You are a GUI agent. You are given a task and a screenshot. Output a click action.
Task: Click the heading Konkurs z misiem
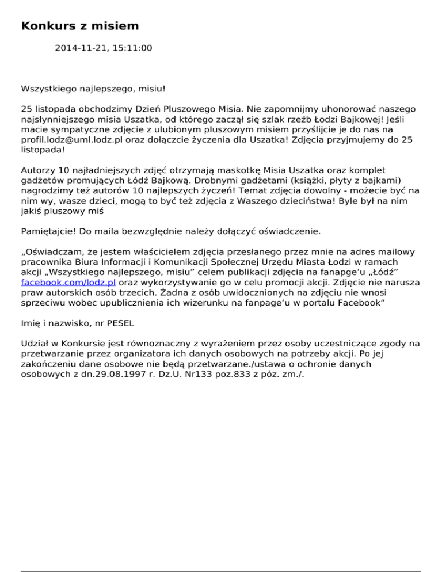(80, 26)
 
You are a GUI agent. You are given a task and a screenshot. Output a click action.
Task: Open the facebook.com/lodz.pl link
(68, 283)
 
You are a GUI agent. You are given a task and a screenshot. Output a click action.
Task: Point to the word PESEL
(138, 324)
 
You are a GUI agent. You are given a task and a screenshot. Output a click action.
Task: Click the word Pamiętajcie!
(49, 231)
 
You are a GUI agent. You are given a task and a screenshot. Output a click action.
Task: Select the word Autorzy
(39, 170)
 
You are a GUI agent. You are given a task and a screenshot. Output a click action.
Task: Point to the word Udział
(35, 344)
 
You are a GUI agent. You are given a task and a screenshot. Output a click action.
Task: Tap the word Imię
(31, 324)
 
